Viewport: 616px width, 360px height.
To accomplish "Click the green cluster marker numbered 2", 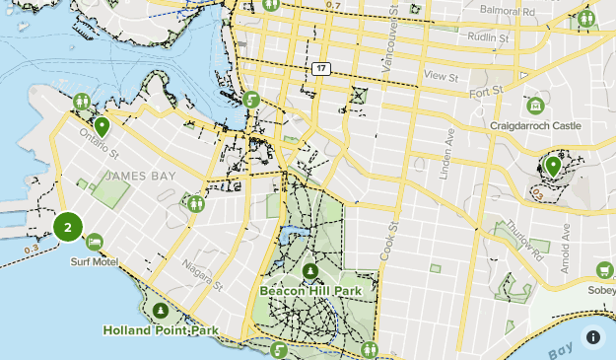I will click(67, 228).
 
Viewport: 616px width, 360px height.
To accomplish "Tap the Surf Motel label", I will click(93, 262).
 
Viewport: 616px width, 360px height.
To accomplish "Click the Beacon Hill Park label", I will click(310, 291).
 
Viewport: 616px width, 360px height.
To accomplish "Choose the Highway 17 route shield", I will click(321, 69).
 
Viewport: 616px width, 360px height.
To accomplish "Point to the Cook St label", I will click(390, 239).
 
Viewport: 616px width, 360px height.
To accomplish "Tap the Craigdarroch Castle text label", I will click(535, 126).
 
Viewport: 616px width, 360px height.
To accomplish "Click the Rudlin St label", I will click(488, 38).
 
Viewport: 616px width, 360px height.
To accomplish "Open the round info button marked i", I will click(593, 336).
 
